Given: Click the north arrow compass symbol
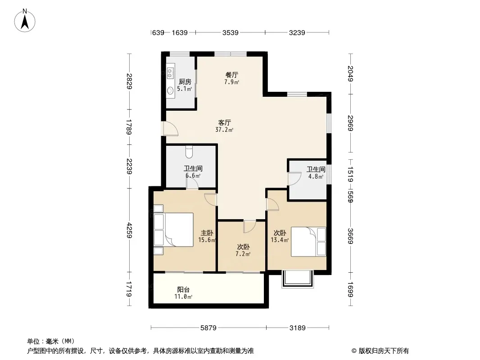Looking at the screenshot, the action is point(25,21).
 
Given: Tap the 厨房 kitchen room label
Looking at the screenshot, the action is point(185,81).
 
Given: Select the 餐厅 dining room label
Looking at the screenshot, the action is point(232,75).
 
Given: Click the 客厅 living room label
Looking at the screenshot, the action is point(224,122).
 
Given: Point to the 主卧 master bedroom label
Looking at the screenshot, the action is point(207,233).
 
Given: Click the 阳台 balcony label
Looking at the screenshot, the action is point(183,289).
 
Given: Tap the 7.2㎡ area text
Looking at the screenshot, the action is point(243,254).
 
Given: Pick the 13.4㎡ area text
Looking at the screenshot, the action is point(280,240).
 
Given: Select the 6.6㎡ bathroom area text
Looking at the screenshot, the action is point(193,175).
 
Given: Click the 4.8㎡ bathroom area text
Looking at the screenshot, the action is point(316,176).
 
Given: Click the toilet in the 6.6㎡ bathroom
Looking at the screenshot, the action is point(189,152).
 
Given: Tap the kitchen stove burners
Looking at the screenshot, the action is point(170,72).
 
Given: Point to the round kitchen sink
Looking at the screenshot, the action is point(170,90).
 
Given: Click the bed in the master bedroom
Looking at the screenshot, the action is point(173,229).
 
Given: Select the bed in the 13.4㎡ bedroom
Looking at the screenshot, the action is point(308,242).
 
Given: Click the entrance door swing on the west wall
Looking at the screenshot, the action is point(170,128).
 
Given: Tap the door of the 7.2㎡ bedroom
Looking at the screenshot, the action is point(249,227).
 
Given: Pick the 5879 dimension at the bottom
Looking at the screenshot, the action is point(208,328).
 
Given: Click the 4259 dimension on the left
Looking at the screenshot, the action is point(130,230).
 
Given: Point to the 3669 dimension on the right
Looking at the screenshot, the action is point(350,236).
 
